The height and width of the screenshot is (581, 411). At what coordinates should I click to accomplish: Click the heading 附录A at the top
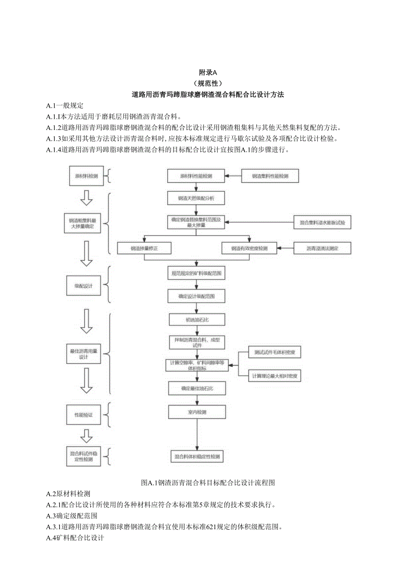click(207, 72)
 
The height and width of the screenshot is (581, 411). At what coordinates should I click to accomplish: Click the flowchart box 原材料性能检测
click(196, 176)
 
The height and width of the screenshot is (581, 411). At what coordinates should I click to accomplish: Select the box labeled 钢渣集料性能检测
click(270, 176)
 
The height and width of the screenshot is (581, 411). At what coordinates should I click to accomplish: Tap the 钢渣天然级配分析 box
click(196, 198)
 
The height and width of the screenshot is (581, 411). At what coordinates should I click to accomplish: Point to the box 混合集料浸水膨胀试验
click(323, 222)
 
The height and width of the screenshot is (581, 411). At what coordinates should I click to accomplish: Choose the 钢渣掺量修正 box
click(144, 248)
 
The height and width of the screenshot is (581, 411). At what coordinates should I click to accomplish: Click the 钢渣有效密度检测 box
click(249, 248)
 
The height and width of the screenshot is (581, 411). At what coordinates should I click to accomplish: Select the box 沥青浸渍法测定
click(323, 248)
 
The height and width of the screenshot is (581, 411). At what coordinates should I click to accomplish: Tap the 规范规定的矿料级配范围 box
click(196, 272)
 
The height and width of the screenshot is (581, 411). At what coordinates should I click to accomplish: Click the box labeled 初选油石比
click(196, 320)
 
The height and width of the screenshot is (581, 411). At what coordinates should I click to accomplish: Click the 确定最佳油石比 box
click(197, 388)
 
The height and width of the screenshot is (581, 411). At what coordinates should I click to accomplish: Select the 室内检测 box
click(197, 412)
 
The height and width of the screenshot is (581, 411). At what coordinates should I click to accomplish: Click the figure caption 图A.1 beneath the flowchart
click(207, 483)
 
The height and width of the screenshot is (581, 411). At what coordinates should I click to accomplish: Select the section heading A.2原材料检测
click(68, 494)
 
